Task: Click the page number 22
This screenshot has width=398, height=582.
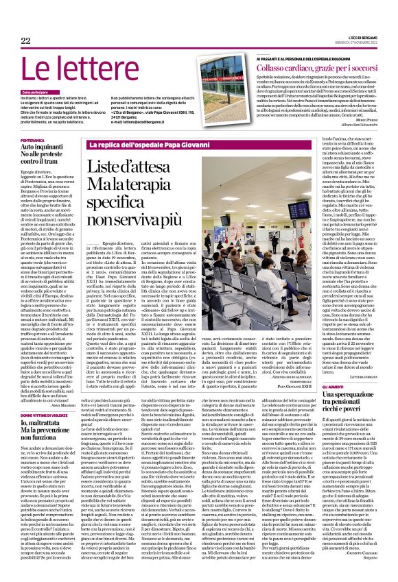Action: [26, 42]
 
